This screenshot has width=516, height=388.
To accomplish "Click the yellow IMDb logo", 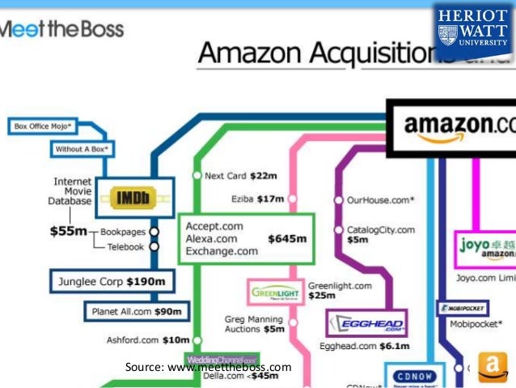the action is (129, 198).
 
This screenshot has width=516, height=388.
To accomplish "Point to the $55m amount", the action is (68, 232).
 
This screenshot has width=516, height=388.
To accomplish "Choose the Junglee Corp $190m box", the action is (112, 283).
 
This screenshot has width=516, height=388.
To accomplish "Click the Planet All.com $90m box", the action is (136, 312).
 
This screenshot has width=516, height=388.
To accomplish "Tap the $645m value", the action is (287, 238).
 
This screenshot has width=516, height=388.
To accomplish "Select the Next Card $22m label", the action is (241, 176).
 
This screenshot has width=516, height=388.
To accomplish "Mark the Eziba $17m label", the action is (258, 198).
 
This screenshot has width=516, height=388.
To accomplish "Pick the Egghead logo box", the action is (366, 324).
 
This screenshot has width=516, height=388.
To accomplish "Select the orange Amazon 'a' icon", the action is (491, 366).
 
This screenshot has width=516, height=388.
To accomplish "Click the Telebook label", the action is (125, 247).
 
